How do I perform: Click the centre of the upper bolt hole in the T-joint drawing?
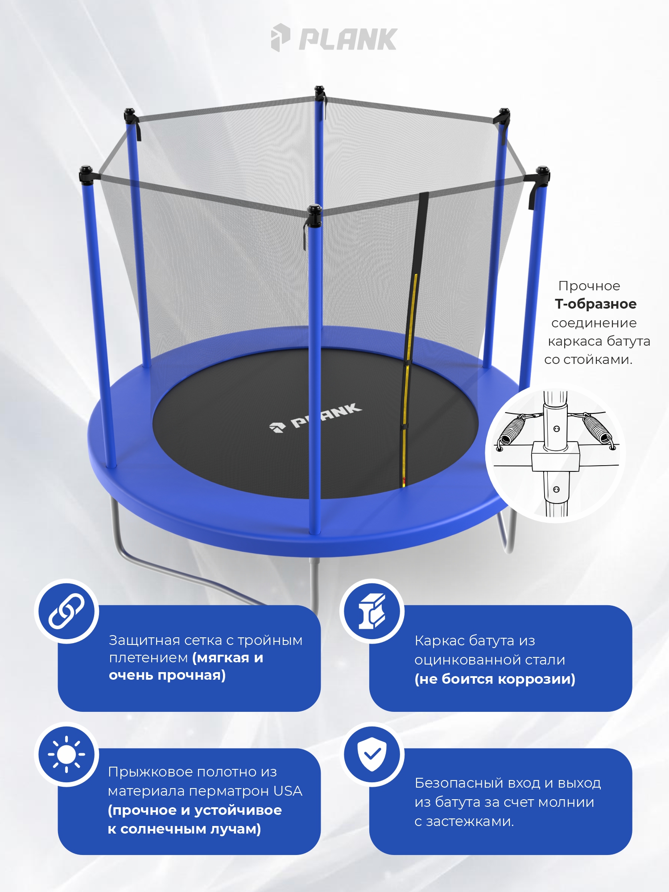[556, 429]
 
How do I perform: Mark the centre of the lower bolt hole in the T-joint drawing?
[556, 489]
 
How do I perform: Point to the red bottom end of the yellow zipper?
[404, 482]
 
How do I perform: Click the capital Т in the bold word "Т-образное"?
[560, 304]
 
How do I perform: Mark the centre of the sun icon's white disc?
[67, 754]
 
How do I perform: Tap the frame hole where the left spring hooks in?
[500, 448]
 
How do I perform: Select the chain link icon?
[66, 611]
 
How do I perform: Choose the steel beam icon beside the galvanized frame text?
[372, 611]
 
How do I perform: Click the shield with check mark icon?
[372, 753]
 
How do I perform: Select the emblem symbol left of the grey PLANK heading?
[281, 37]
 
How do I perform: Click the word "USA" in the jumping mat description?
[288, 791]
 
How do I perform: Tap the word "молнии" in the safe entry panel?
[566, 802]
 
